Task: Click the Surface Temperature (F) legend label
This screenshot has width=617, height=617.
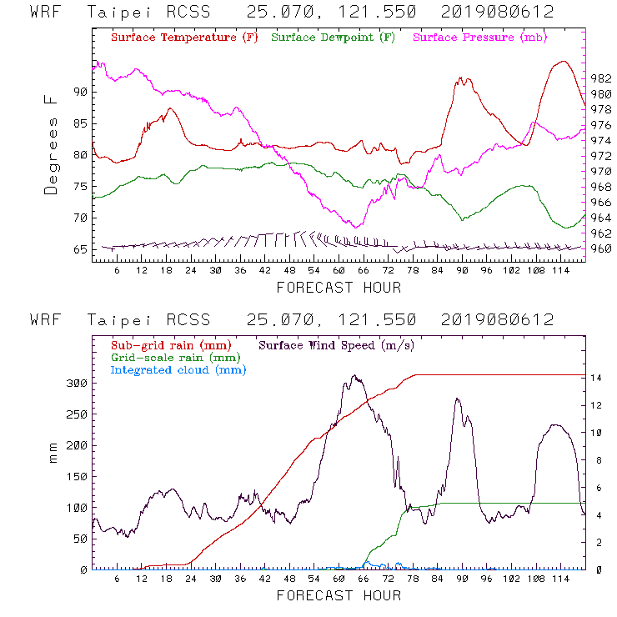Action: click(184, 38)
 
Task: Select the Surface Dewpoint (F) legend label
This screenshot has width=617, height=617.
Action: click(334, 38)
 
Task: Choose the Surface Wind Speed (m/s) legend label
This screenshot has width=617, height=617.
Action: click(336, 344)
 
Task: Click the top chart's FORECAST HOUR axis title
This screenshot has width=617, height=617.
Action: click(339, 288)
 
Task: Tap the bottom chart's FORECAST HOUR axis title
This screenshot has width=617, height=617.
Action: click(339, 596)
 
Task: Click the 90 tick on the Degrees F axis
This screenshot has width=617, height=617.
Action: click(79, 92)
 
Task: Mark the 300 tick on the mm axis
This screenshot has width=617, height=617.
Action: click(77, 383)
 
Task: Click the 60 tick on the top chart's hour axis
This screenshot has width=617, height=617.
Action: click(339, 272)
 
